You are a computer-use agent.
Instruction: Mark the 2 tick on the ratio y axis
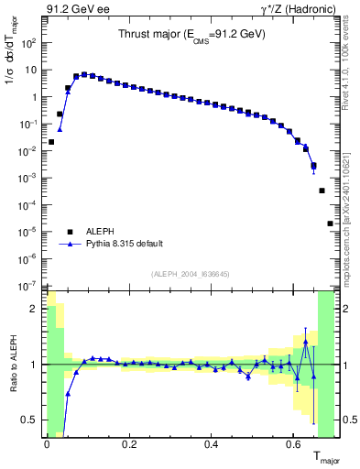pos(36,309)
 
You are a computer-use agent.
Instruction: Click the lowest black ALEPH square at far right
pos(330,224)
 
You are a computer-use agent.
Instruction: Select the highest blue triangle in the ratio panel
pos(305,342)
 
